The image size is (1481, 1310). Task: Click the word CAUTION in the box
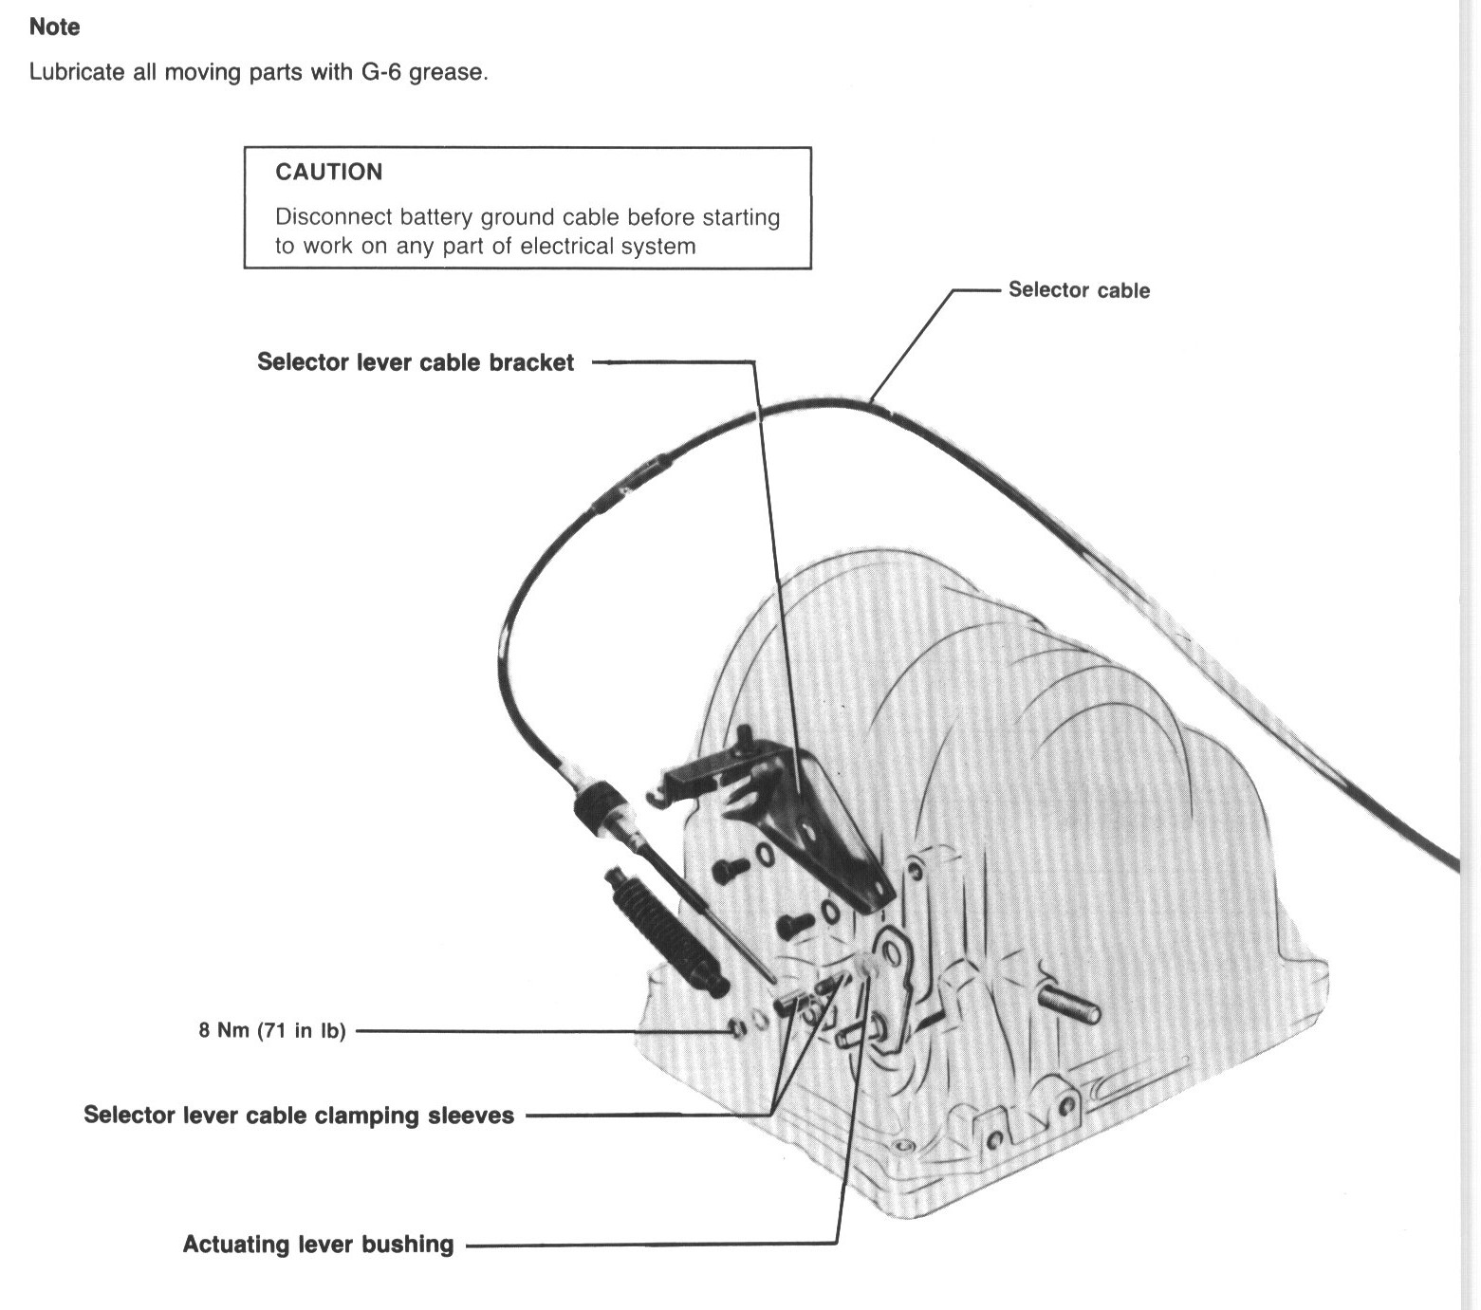[328, 172]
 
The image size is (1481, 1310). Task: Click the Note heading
[54, 27]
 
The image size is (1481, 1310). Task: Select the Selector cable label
[1079, 290]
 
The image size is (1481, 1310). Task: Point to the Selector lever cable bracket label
[416, 362]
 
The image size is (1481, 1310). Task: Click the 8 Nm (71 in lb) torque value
[272, 1030]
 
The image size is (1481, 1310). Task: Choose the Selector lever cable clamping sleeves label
[299, 1115]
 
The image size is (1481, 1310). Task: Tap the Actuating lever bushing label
[318, 1244]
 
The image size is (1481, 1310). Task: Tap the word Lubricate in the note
[77, 72]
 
